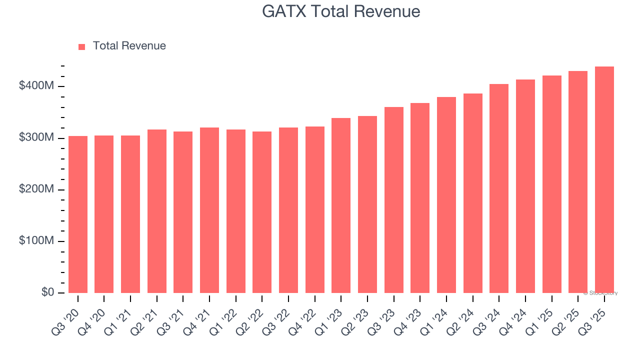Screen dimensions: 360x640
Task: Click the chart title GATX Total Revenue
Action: (341, 11)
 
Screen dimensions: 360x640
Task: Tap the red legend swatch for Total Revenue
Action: (82, 46)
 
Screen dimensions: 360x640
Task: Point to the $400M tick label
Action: (36, 86)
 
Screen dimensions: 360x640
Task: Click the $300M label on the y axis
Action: (36, 137)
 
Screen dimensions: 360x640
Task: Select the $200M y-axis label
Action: (36, 189)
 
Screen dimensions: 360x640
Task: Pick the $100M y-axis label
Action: (36, 241)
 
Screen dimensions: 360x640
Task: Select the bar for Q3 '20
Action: (78, 215)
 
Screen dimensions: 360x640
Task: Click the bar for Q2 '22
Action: (262, 212)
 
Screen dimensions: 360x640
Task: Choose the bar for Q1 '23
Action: (341, 205)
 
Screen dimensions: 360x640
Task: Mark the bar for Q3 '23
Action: (393, 200)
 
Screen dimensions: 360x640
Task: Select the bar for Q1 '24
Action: (446, 195)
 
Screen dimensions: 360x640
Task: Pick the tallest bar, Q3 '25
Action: (604, 180)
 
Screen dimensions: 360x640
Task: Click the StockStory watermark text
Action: (600, 293)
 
